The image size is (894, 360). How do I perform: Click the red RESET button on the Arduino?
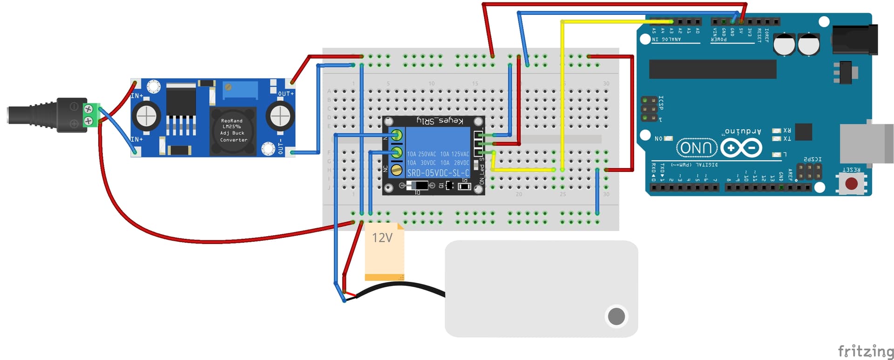[851, 183]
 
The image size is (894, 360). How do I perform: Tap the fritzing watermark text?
[865, 351]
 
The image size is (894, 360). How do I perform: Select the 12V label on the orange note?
[382, 238]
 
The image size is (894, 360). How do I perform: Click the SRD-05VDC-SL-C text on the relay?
[438, 173]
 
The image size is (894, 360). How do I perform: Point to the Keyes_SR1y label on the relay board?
[440, 121]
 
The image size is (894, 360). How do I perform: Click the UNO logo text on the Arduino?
[696, 148]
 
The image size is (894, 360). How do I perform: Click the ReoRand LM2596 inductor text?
[232, 130]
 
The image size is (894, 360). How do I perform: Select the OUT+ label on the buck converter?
[285, 94]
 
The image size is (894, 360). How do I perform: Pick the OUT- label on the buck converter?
[280, 146]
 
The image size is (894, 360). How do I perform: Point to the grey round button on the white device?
[616, 316]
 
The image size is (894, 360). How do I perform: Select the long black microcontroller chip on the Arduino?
[712, 69]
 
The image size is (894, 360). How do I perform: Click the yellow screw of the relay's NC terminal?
[396, 170]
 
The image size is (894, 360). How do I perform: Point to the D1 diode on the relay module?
[417, 186]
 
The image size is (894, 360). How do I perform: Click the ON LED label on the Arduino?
[658, 138]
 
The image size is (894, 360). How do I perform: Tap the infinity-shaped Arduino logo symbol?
[741, 148]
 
